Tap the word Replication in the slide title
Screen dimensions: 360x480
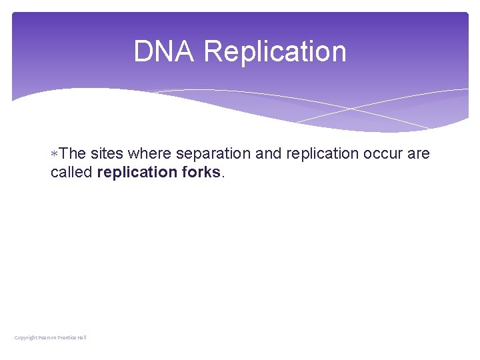click(275, 52)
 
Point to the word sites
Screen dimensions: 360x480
click(107, 154)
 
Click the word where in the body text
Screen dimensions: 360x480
click(150, 154)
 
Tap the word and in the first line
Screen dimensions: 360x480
click(269, 154)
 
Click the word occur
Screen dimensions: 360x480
click(383, 154)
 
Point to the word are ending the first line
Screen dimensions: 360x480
click(419, 154)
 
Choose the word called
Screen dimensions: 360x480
click(71, 172)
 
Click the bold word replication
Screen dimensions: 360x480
click(137, 172)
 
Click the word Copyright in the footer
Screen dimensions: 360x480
click(26, 337)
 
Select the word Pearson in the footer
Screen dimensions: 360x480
click(47, 337)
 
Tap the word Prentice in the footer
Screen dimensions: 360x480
click(67, 337)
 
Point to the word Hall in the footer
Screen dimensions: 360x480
click(82, 337)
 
